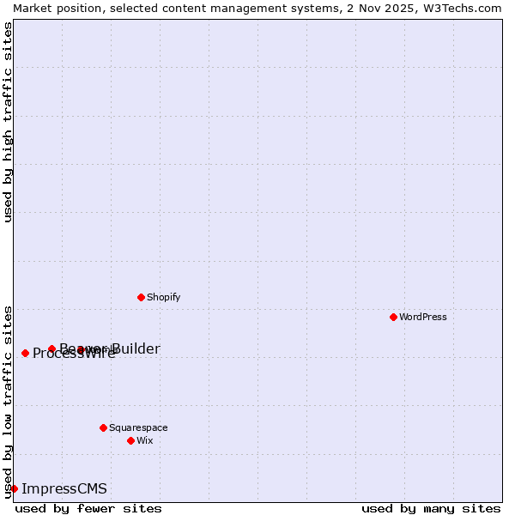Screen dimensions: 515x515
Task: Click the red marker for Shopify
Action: pyautogui.click(x=141, y=297)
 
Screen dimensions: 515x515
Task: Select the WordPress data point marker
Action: pyautogui.click(x=393, y=317)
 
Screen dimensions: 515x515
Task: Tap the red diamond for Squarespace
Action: pyautogui.click(x=103, y=427)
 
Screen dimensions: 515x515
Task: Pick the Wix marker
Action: pyautogui.click(x=130, y=440)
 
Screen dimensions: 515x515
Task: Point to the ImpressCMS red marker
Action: pyautogui.click(x=14, y=488)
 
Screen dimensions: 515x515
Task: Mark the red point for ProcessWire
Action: pyautogui.click(x=25, y=353)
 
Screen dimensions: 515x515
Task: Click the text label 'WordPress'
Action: pyautogui.click(x=423, y=317)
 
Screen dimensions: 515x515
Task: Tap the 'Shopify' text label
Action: pyautogui.click(x=163, y=297)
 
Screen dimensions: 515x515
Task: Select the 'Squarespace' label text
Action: pyautogui.click(x=138, y=427)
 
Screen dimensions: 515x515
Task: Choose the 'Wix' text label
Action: pyautogui.click(x=144, y=440)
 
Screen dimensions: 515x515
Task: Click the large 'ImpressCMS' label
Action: pyautogui.click(x=64, y=488)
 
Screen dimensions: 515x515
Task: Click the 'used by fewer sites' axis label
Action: pyautogui.click(x=88, y=508)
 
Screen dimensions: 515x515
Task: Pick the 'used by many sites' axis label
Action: pyautogui.click(x=431, y=508)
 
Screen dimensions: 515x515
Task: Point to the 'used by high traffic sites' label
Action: pyautogui.click(x=8, y=122)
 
